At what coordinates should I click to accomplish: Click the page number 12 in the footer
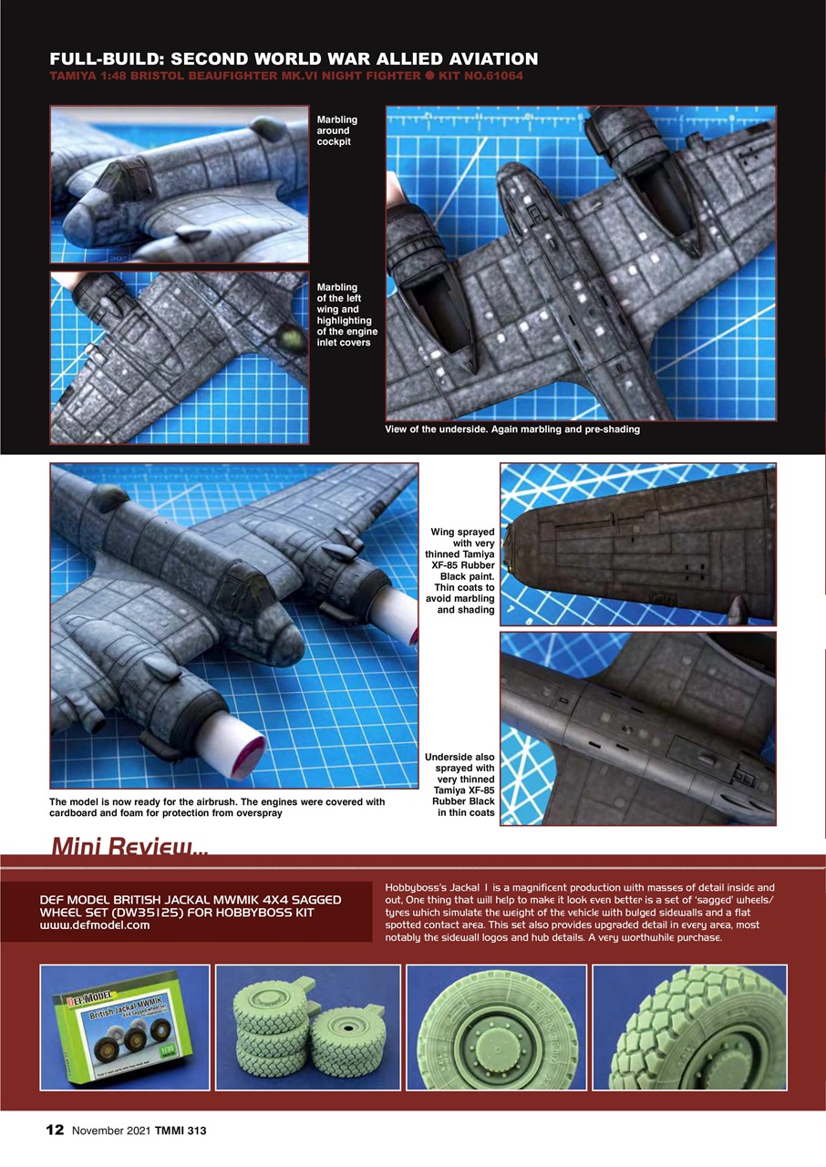56,1131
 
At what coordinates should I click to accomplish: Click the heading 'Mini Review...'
129,847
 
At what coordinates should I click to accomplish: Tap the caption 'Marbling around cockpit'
337,131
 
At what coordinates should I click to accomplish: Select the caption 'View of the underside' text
512,429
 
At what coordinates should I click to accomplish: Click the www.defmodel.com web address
95,925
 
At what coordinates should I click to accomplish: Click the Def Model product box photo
125,1027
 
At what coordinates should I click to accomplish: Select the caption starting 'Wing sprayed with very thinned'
459,571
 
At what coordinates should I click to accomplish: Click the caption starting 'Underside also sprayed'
459,785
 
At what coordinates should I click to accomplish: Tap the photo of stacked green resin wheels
307,1027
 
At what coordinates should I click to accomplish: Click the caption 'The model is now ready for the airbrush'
217,807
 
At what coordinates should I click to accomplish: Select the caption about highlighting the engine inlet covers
346,315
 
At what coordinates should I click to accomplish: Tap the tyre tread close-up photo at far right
689,1027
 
